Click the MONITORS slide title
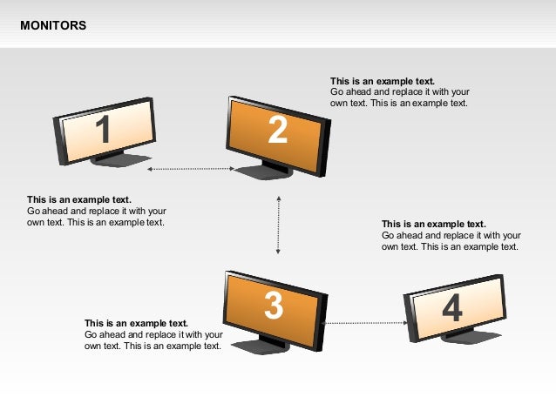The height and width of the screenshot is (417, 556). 53,25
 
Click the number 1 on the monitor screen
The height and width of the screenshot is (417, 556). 103,129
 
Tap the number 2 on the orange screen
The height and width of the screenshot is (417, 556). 277,130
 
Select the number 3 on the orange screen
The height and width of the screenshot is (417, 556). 274,306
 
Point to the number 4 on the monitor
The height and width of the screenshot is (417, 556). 452,307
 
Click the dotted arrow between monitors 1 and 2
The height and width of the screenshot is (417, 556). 191,169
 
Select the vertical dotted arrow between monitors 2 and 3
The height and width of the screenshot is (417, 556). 278,225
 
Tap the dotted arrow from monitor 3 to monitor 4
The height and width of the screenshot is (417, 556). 364,323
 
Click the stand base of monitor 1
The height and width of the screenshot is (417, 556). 120,160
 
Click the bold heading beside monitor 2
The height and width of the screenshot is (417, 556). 383,81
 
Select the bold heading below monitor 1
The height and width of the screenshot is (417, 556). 79,199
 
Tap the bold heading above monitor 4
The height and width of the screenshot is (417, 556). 434,224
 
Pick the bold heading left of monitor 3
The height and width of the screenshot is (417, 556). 136,323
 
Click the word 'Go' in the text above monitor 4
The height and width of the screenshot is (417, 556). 388,235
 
